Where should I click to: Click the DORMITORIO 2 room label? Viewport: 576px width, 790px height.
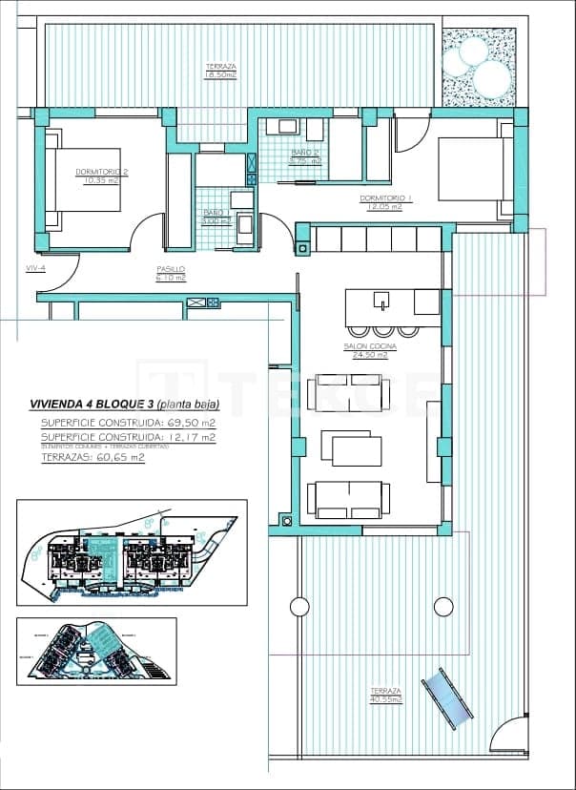[100, 172]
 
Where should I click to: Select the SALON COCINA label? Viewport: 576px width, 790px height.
[367, 346]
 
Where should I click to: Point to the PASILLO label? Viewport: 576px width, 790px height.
[172, 270]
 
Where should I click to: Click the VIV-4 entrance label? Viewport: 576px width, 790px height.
[35, 268]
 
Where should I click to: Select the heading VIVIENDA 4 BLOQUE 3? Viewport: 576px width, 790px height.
[92, 403]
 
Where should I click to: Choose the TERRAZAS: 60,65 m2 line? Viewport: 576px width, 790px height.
[93, 457]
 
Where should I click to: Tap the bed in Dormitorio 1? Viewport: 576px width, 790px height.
[470, 169]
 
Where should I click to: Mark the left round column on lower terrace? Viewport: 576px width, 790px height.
[299, 606]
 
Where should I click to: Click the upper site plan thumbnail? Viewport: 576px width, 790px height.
[132, 552]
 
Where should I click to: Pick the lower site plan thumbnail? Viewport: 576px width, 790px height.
[95, 651]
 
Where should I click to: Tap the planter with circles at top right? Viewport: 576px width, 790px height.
[479, 66]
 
